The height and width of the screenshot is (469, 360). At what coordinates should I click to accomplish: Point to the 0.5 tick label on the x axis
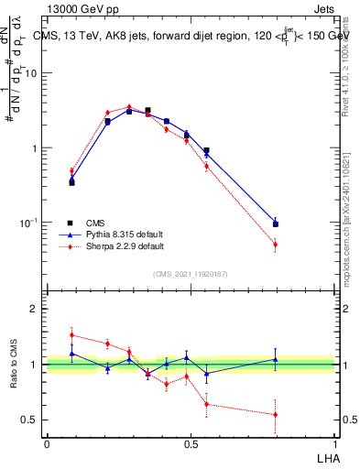coord(191,444)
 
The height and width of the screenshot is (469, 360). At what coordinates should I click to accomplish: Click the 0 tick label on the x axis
coord(47,444)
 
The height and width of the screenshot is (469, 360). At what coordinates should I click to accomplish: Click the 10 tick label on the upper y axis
coord(30,73)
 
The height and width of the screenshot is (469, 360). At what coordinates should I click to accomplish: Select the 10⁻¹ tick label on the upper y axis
coord(27,222)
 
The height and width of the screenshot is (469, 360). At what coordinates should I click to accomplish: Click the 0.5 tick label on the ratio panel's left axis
coord(29,420)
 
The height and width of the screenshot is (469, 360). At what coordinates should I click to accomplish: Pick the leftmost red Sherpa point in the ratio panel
coord(71,335)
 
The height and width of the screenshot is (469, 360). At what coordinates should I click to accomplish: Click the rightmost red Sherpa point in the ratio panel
coord(275,415)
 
